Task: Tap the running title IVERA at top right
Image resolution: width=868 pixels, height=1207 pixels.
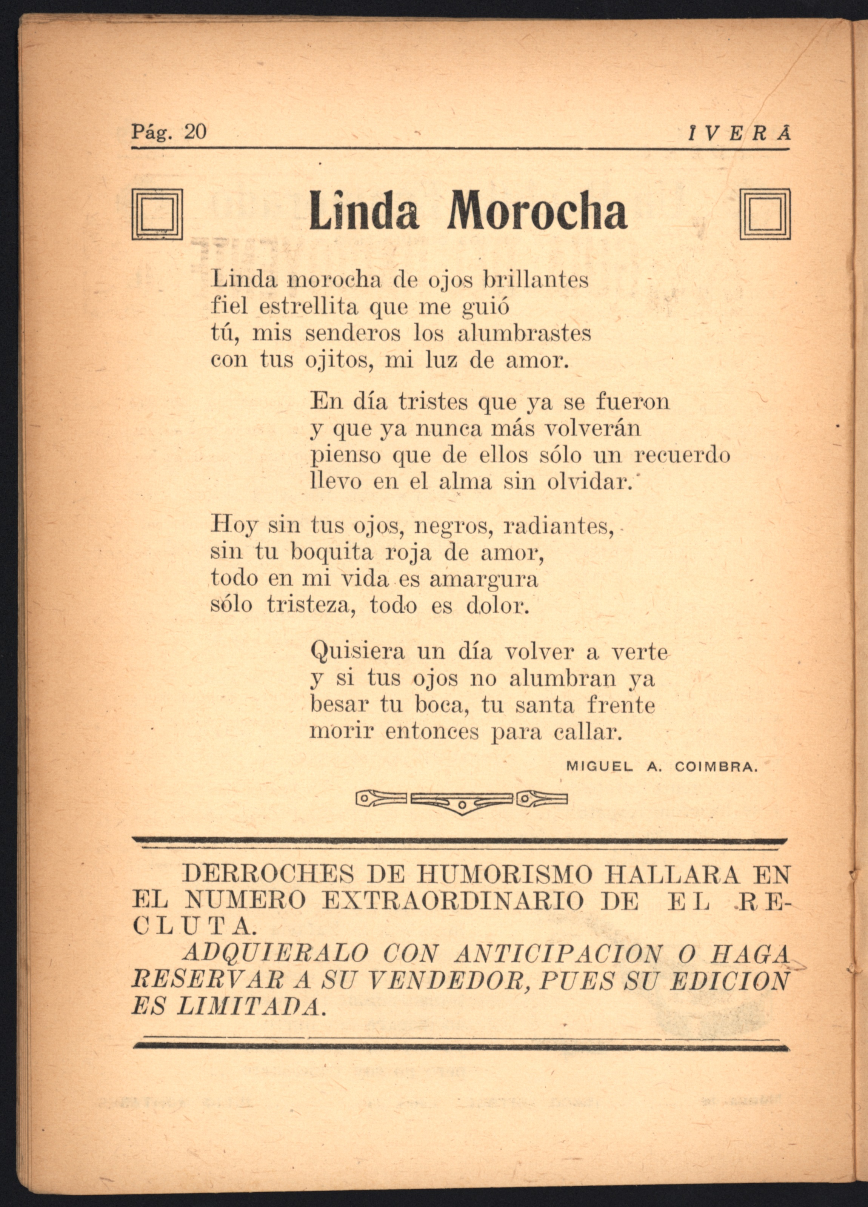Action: (739, 134)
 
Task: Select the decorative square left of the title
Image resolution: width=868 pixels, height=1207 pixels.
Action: (157, 215)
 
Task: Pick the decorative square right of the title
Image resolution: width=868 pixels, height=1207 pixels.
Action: (765, 215)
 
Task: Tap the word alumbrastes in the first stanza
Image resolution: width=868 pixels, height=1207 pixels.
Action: (524, 334)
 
